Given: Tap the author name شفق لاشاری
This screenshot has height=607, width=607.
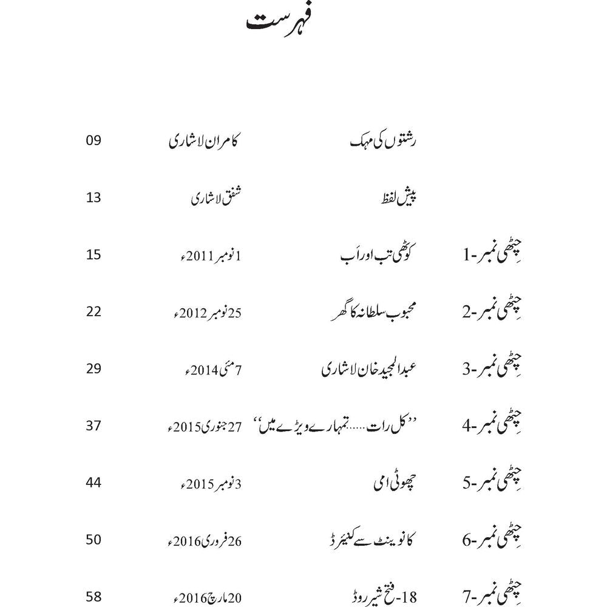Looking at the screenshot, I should click(216, 198).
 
